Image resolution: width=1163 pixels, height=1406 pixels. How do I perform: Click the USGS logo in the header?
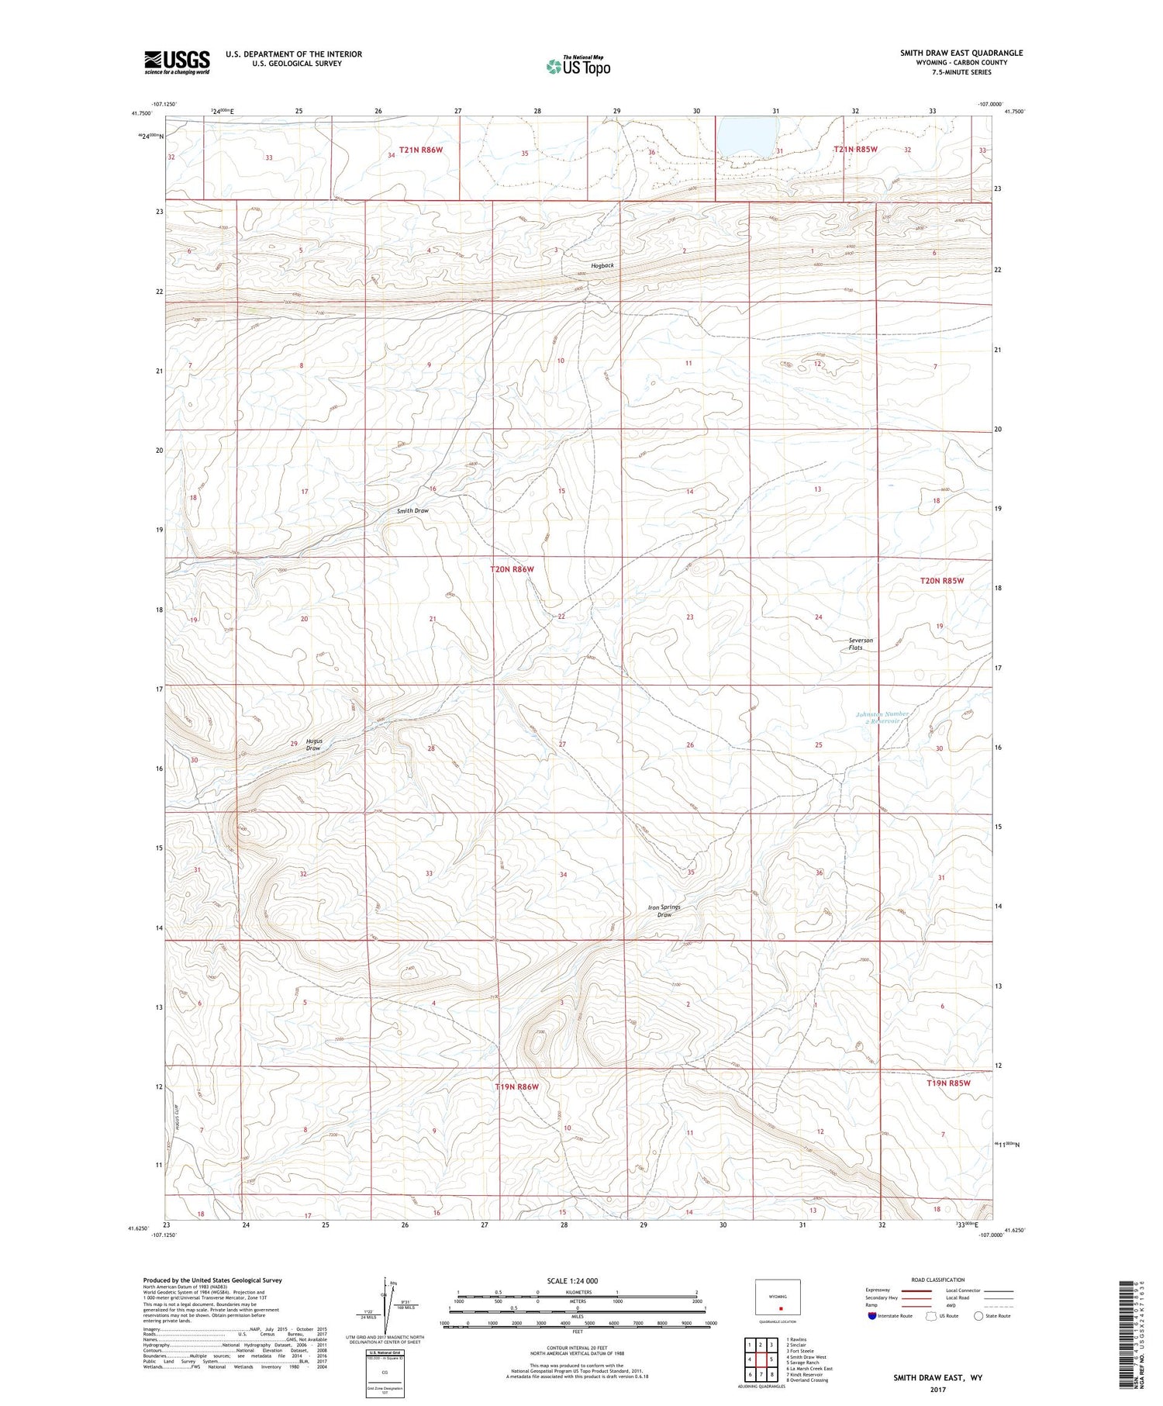[177, 62]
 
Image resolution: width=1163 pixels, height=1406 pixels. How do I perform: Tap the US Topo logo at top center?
[578, 67]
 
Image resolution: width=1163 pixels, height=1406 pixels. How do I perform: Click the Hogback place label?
[602, 265]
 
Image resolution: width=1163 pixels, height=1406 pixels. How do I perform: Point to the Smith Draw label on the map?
[412, 510]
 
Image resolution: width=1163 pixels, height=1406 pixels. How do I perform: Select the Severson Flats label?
[861, 644]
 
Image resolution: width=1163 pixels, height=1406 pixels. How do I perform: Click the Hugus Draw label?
[314, 744]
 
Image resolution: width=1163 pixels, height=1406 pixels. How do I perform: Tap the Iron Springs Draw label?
[664, 910]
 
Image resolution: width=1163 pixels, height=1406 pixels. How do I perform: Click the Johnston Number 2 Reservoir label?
[882, 717]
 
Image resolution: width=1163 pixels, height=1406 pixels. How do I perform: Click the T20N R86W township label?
[512, 569]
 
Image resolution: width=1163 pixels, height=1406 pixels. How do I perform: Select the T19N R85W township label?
[949, 1083]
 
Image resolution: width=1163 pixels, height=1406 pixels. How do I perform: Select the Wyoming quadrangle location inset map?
[778, 1297]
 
